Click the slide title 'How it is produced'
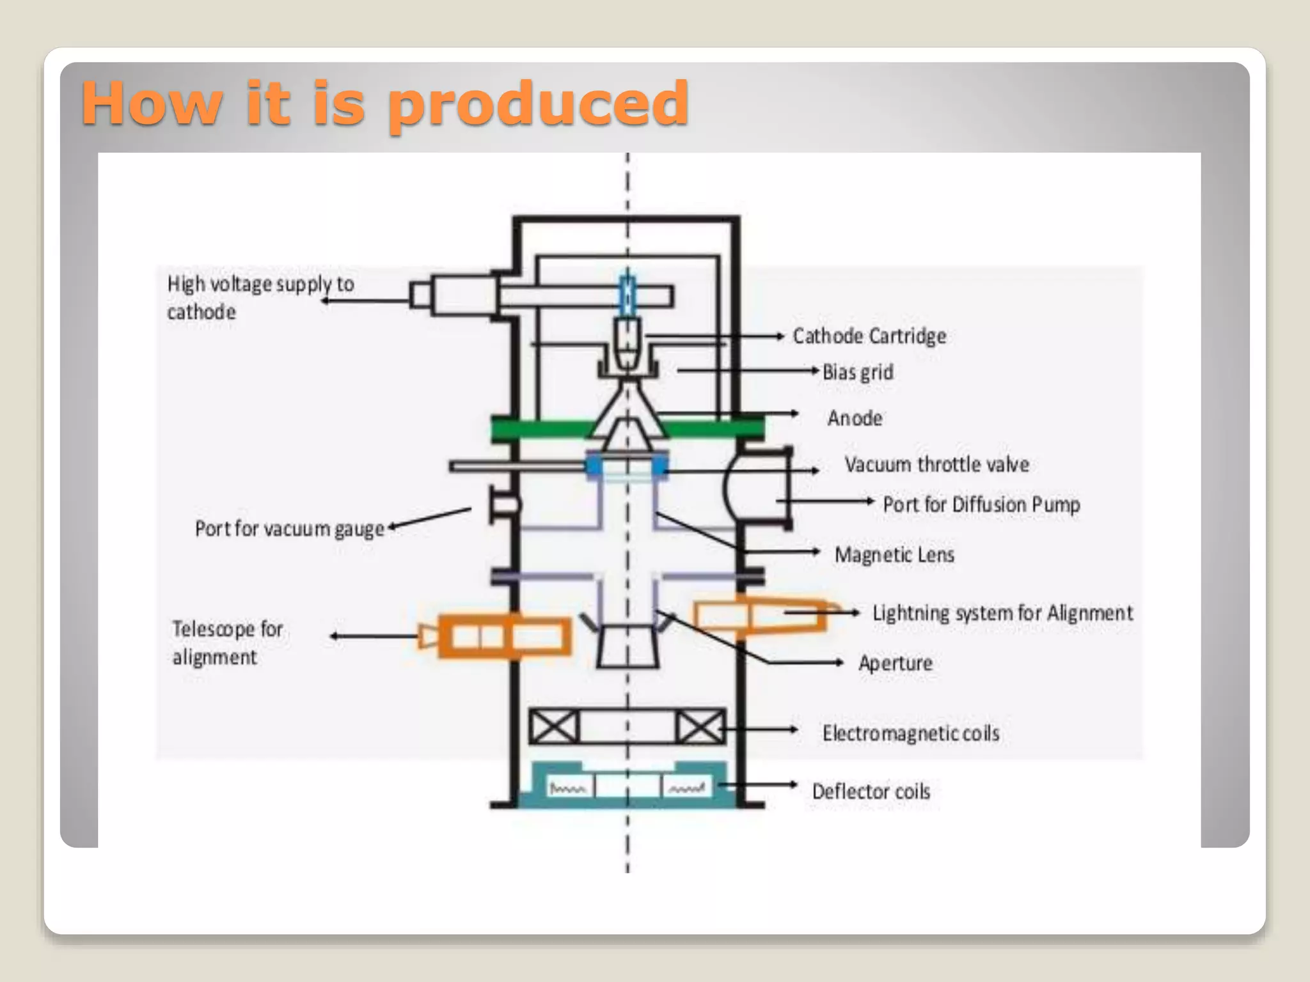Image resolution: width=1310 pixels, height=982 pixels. (x=385, y=104)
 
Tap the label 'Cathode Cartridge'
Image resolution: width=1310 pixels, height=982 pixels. (x=869, y=336)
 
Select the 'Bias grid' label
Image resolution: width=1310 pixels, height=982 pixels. (x=858, y=372)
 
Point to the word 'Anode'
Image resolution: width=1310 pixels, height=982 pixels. (x=855, y=418)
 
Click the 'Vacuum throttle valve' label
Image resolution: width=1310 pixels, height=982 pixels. (x=936, y=465)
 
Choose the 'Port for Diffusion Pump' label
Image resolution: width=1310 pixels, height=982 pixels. (x=981, y=504)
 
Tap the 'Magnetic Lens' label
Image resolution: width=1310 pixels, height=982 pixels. (x=894, y=554)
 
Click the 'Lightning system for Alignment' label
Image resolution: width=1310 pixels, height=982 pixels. (x=1002, y=613)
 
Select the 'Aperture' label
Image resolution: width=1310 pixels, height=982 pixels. (x=896, y=663)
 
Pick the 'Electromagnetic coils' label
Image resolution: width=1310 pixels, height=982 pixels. (x=911, y=733)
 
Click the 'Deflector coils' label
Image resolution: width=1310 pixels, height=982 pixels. (x=871, y=791)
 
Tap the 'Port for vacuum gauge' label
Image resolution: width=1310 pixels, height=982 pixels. (x=289, y=529)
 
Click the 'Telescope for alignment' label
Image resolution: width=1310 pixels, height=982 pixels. (x=227, y=643)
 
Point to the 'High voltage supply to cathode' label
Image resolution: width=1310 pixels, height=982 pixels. (x=260, y=297)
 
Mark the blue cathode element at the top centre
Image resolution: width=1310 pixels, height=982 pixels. (x=627, y=294)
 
